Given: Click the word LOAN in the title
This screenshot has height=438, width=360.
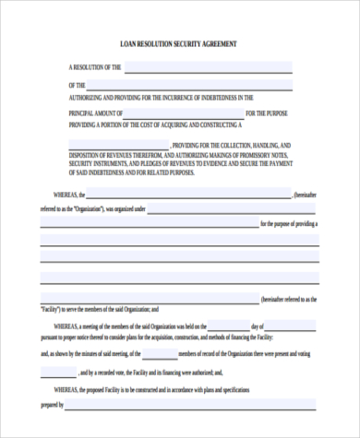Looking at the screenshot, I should tap(130, 43).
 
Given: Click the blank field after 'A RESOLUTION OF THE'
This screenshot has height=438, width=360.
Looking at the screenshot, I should tap(208, 67).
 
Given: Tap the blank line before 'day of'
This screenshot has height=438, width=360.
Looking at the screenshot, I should tap(228, 326).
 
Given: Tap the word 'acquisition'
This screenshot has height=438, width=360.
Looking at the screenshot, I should tap(167, 338).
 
